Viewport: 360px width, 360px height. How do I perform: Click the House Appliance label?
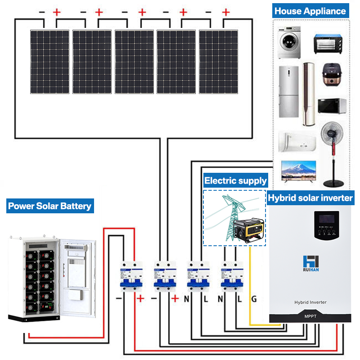[310, 11]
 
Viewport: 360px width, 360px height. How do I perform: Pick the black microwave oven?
[332, 105]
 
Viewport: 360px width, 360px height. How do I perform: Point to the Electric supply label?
[235, 181]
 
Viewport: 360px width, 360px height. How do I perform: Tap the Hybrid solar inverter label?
[310, 197]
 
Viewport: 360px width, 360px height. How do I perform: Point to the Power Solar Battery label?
[49, 207]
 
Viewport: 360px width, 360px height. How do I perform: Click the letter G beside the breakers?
[254, 298]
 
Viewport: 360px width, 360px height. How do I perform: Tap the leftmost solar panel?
[50, 62]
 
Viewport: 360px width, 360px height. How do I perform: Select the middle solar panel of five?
[134, 62]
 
